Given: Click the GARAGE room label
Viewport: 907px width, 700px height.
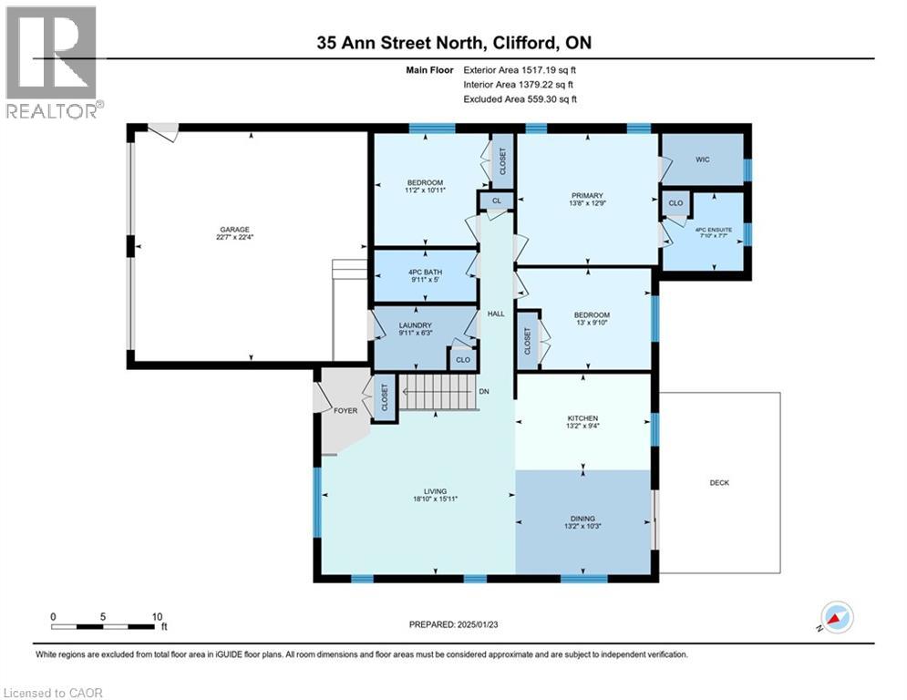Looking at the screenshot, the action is [x=234, y=230].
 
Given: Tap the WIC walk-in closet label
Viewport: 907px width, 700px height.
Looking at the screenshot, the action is [x=702, y=160].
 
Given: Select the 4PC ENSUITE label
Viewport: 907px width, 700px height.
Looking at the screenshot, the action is [x=713, y=230].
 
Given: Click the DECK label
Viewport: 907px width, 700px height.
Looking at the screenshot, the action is [x=719, y=482].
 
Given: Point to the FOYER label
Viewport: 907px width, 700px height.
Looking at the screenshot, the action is [x=345, y=411].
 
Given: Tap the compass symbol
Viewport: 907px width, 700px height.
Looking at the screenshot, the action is [x=837, y=618].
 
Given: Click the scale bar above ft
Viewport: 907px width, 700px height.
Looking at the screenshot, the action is [x=102, y=626].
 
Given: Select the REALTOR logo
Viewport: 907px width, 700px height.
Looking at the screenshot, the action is [x=51, y=62].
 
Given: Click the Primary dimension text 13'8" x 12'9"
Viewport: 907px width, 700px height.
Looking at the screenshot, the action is [x=587, y=203].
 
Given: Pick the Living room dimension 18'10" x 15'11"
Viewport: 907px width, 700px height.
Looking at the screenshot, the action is [x=436, y=499].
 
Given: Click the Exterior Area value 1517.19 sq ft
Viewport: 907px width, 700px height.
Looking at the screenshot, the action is [x=549, y=70].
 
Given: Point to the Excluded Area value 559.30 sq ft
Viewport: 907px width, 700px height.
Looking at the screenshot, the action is [x=551, y=99].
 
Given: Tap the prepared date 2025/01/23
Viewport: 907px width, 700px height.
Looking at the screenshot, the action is [x=478, y=624].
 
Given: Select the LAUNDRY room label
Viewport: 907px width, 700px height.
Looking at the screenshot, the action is [x=416, y=325].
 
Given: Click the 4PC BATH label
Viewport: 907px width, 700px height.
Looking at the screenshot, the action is [x=425, y=272].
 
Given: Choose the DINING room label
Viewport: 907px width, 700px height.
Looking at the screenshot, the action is [x=582, y=519].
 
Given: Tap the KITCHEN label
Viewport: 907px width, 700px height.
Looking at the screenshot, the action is [x=582, y=418].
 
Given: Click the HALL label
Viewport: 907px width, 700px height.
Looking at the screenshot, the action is [x=496, y=314].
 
